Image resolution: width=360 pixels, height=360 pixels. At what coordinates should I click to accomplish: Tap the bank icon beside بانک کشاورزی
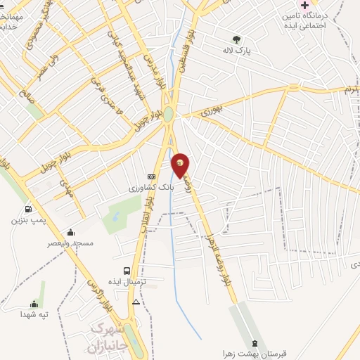click(x=151, y=177)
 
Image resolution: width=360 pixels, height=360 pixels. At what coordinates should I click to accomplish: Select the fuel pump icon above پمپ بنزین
click(x=28, y=208)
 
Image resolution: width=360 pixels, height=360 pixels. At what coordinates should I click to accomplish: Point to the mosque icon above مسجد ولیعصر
click(x=70, y=232)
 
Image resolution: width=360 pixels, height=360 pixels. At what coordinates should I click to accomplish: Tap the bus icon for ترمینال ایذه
click(x=127, y=271)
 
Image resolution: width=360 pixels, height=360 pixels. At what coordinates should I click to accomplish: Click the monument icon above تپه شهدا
click(x=33, y=304)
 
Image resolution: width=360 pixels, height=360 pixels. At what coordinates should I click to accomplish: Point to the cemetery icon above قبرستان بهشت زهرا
click(x=255, y=344)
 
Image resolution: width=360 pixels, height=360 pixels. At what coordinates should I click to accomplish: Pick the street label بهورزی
click(x=212, y=111)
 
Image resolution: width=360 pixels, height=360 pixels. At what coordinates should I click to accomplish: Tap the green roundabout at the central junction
click(x=169, y=114)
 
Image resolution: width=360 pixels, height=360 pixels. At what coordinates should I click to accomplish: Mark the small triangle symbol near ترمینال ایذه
click(x=136, y=302)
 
